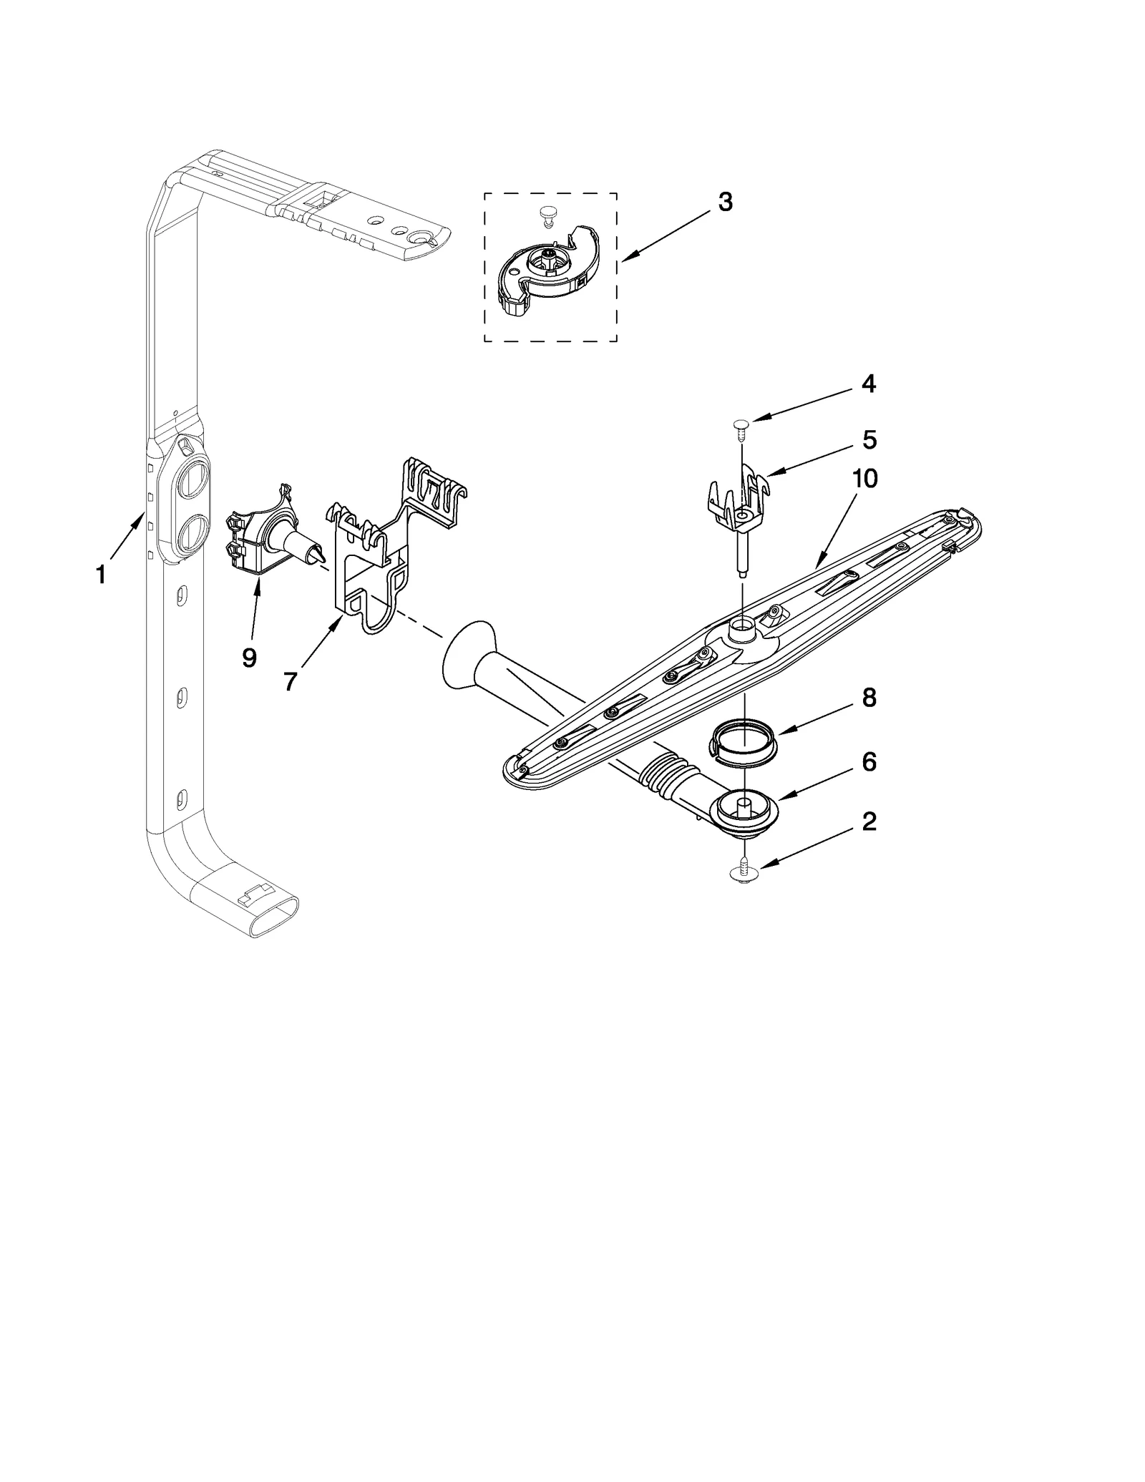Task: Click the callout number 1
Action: [101, 574]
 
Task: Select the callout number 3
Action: [725, 203]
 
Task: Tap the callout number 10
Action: [864, 479]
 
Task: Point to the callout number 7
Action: [290, 682]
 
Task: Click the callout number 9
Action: [249, 657]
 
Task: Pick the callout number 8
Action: [869, 698]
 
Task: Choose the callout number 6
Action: [869, 761]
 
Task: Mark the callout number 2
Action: [869, 822]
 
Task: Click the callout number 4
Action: [868, 384]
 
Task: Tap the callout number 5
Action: [869, 439]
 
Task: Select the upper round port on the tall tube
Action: [193, 479]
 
